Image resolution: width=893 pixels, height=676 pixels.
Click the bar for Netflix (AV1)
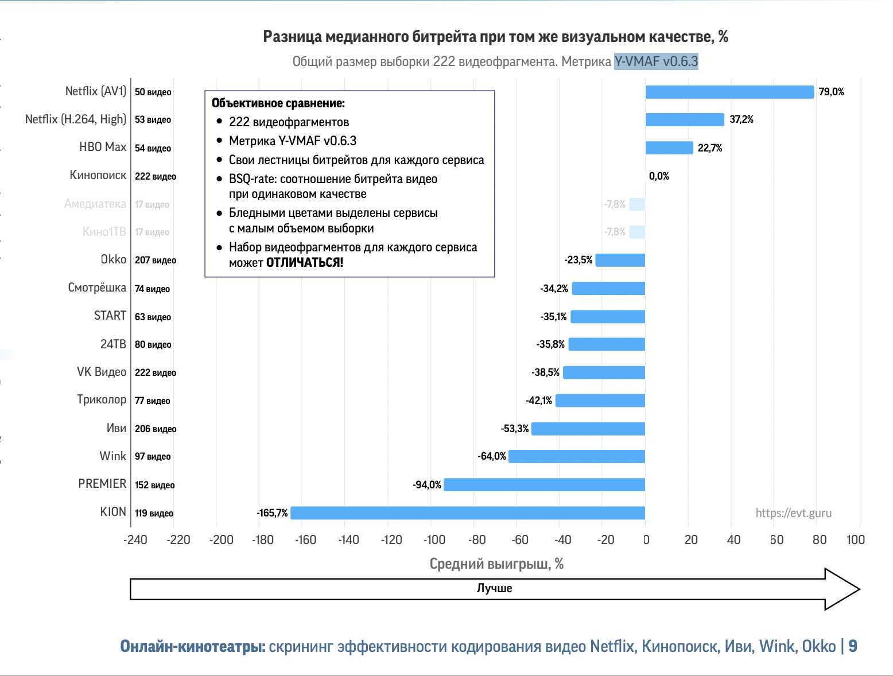tap(729, 92)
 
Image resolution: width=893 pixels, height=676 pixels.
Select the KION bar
tap(468, 512)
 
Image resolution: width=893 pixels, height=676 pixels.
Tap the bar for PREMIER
tap(544, 484)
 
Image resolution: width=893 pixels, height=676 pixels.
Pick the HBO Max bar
tap(669, 148)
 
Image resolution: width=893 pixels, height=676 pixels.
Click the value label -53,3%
tap(514, 429)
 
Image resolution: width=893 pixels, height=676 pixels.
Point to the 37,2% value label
tap(741, 119)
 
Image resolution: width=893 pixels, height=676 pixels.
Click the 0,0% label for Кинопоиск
tap(659, 176)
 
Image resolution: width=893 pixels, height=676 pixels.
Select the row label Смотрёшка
tap(97, 288)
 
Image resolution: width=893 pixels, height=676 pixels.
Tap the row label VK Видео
tap(101, 372)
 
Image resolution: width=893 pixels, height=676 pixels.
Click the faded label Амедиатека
tap(95, 204)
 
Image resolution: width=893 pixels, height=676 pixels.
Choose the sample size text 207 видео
tap(156, 260)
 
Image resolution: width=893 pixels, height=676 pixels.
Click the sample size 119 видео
tap(154, 513)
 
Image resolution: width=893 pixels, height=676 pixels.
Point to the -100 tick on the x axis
tap(434, 539)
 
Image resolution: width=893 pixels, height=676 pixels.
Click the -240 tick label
tap(135, 539)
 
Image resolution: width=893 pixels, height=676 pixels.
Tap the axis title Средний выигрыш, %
tap(496, 564)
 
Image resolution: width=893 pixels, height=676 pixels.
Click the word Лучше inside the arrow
tap(494, 588)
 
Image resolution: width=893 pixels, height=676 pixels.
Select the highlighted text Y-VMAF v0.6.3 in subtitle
tap(656, 61)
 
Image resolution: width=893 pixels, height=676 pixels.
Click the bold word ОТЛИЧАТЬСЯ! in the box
tap(304, 263)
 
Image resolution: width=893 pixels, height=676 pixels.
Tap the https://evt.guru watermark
tap(793, 513)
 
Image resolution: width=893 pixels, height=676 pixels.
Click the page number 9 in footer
tap(852, 646)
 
